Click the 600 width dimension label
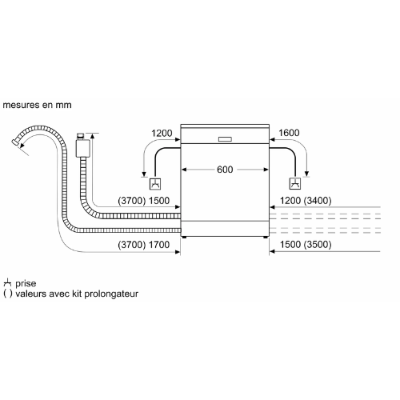tap(225, 170)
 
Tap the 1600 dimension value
tap(289, 133)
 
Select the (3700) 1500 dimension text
tap(144, 201)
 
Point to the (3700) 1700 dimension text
tap(144, 245)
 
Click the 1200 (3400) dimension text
tap(306, 201)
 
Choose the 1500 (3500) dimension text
tap(306, 244)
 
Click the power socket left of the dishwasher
tap(155, 184)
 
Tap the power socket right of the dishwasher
tap(295, 184)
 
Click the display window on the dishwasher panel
tap(225, 139)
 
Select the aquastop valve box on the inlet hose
tap(83, 148)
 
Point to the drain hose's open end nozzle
tap(15, 142)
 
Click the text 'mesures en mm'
tap(37, 105)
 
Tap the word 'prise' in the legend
tap(26, 283)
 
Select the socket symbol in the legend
tap(7, 282)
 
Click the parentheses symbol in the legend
tap(8, 294)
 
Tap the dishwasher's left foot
tap(184, 237)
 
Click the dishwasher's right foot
tap(266, 237)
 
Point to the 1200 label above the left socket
tap(162, 133)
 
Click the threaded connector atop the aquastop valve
tap(81, 136)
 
